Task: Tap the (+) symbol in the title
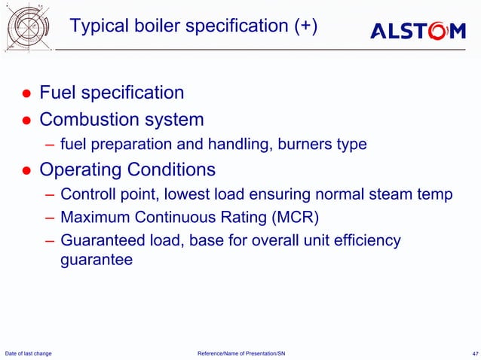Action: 305,27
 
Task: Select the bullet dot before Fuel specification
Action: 25,94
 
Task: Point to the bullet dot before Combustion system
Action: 25,121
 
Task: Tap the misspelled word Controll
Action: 87,195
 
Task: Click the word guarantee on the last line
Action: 96,261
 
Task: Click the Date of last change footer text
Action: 29,353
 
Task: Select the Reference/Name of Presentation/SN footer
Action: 240,353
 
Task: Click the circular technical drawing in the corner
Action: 28,29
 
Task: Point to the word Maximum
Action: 94,218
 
